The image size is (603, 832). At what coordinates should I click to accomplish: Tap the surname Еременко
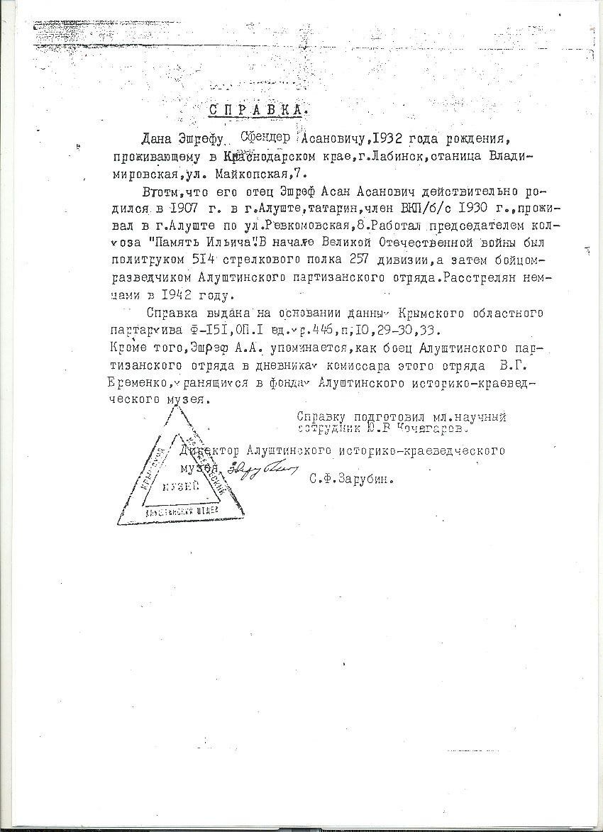139,382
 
